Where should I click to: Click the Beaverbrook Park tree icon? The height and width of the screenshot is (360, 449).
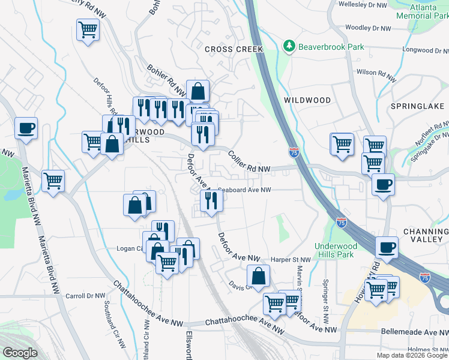click(289, 47)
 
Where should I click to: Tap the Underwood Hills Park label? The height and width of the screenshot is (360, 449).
click(336, 250)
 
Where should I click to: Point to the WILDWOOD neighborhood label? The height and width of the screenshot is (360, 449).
click(307, 100)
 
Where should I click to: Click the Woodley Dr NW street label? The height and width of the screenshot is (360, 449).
click(368, 28)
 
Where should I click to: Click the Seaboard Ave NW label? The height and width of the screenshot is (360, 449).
click(245, 190)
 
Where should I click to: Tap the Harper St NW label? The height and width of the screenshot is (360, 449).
click(291, 260)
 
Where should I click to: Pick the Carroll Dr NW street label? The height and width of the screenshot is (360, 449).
click(85, 296)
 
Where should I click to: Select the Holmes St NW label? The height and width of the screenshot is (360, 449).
click(427, 350)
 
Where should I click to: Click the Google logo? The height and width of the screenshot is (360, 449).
click(20, 353)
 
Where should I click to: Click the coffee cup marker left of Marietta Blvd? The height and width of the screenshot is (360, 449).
click(26, 128)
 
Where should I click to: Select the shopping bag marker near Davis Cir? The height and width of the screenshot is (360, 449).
click(258, 277)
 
